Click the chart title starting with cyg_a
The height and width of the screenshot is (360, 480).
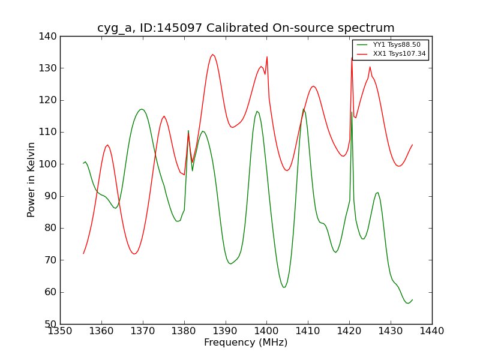(246, 28)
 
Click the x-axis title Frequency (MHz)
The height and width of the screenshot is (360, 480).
(246, 343)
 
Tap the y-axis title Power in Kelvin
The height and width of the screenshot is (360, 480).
(31, 180)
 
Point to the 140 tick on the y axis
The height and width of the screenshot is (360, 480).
(50, 37)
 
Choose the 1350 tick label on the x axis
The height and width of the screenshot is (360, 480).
(60, 331)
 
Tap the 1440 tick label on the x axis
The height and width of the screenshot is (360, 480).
(432, 331)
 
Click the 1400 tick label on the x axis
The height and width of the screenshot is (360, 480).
(266, 331)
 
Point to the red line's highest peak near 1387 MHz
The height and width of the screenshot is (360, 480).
(212, 55)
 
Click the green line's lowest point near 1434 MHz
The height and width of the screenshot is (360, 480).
(408, 303)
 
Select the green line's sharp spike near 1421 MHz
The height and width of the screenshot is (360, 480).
(352, 112)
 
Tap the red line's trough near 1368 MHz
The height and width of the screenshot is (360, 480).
(134, 254)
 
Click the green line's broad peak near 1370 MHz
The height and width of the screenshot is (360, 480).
(142, 109)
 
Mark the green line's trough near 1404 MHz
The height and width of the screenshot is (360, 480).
(284, 287)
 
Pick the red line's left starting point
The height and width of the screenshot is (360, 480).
(83, 254)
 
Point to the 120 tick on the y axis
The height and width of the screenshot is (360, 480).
(50, 100)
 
